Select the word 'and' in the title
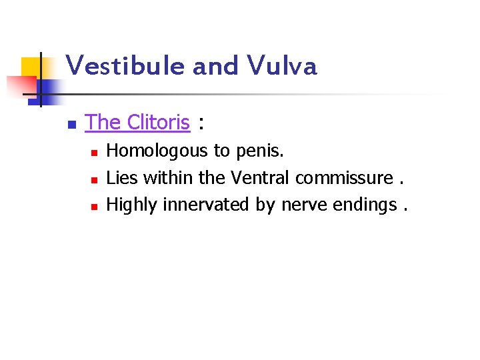(x=215, y=67)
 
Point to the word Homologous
(x=157, y=151)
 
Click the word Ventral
(x=260, y=178)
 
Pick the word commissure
(x=344, y=178)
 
